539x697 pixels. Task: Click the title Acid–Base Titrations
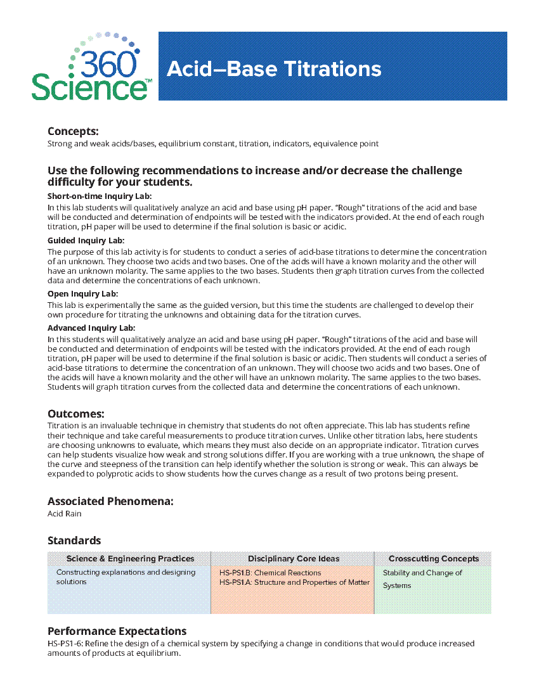273,68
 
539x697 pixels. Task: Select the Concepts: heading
73,131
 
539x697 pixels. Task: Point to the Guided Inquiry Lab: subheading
86,241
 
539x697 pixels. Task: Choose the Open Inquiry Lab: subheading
83,294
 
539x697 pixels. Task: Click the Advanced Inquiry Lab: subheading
91,328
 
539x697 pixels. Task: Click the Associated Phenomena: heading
110,501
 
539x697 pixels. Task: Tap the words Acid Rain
64,514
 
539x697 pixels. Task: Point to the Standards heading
74,540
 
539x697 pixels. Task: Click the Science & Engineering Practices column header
130,559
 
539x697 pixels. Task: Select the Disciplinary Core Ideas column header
293,559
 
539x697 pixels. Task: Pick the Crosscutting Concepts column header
433,559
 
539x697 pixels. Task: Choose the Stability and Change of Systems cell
422,579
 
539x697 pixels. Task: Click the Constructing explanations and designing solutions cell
126,577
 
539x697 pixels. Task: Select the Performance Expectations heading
117,631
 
